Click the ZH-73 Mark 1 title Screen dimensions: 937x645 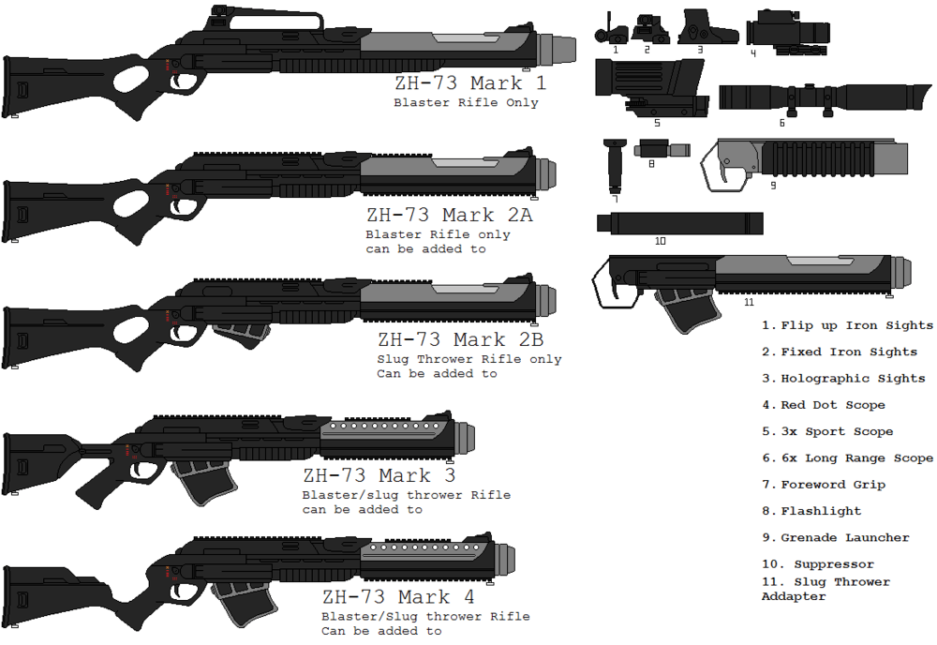click(x=470, y=83)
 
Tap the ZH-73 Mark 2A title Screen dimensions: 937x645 click(x=450, y=215)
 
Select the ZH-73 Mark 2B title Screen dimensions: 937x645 click(x=461, y=339)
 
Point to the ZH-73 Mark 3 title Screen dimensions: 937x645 click(x=379, y=476)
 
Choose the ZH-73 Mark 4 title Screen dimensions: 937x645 click(x=398, y=597)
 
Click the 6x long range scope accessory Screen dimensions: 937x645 click(x=825, y=97)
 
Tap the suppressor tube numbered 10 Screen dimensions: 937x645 click(x=680, y=223)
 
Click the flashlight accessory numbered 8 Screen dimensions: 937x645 click(x=662, y=148)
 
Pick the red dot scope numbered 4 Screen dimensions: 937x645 click(x=788, y=31)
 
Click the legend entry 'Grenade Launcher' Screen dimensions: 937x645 click(x=845, y=538)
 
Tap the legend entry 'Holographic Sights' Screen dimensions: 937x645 click(x=853, y=379)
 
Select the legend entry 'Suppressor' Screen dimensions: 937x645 click(x=834, y=564)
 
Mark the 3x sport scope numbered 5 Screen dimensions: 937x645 click(x=651, y=88)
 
